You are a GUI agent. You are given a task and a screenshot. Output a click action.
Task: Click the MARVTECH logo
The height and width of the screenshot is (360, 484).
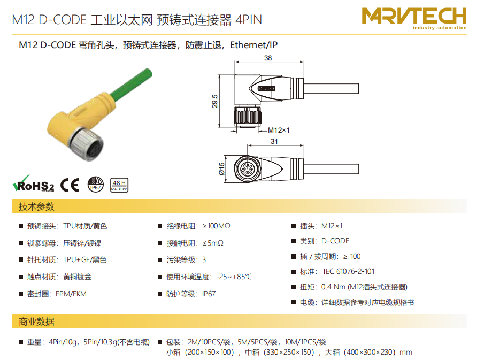(414, 19)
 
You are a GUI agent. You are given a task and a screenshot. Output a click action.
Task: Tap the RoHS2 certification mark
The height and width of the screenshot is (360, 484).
(33, 184)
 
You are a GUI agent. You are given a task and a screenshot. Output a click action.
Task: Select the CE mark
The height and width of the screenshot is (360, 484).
(70, 185)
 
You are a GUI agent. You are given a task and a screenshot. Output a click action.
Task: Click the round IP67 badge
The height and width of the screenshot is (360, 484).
(96, 185)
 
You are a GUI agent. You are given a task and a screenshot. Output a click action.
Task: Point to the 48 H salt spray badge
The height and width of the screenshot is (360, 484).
(119, 185)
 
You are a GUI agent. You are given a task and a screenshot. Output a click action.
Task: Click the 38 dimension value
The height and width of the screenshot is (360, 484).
(268, 58)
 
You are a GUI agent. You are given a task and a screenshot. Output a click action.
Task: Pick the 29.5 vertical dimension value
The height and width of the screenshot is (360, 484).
(214, 101)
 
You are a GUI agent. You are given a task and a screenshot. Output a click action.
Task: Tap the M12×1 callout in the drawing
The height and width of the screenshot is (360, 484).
(279, 131)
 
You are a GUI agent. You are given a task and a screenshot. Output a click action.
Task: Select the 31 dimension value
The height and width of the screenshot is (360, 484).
(274, 141)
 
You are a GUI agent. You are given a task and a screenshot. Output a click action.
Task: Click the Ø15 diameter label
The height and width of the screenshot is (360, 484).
(221, 169)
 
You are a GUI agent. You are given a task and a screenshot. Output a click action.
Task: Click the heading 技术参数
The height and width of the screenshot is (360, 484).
(36, 206)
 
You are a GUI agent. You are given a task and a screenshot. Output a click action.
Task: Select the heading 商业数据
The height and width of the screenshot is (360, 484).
(36, 321)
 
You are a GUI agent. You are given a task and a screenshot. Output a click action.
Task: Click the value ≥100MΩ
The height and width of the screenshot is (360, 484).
(217, 226)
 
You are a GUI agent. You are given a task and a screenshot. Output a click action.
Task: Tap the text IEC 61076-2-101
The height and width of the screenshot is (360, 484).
(349, 271)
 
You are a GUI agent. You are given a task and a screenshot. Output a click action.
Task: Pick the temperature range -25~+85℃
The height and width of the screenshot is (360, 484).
(234, 277)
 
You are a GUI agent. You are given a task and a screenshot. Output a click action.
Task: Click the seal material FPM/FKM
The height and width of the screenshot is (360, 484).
(71, 294)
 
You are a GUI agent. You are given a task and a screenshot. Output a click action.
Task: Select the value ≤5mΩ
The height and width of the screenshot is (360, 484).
(213, 243)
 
